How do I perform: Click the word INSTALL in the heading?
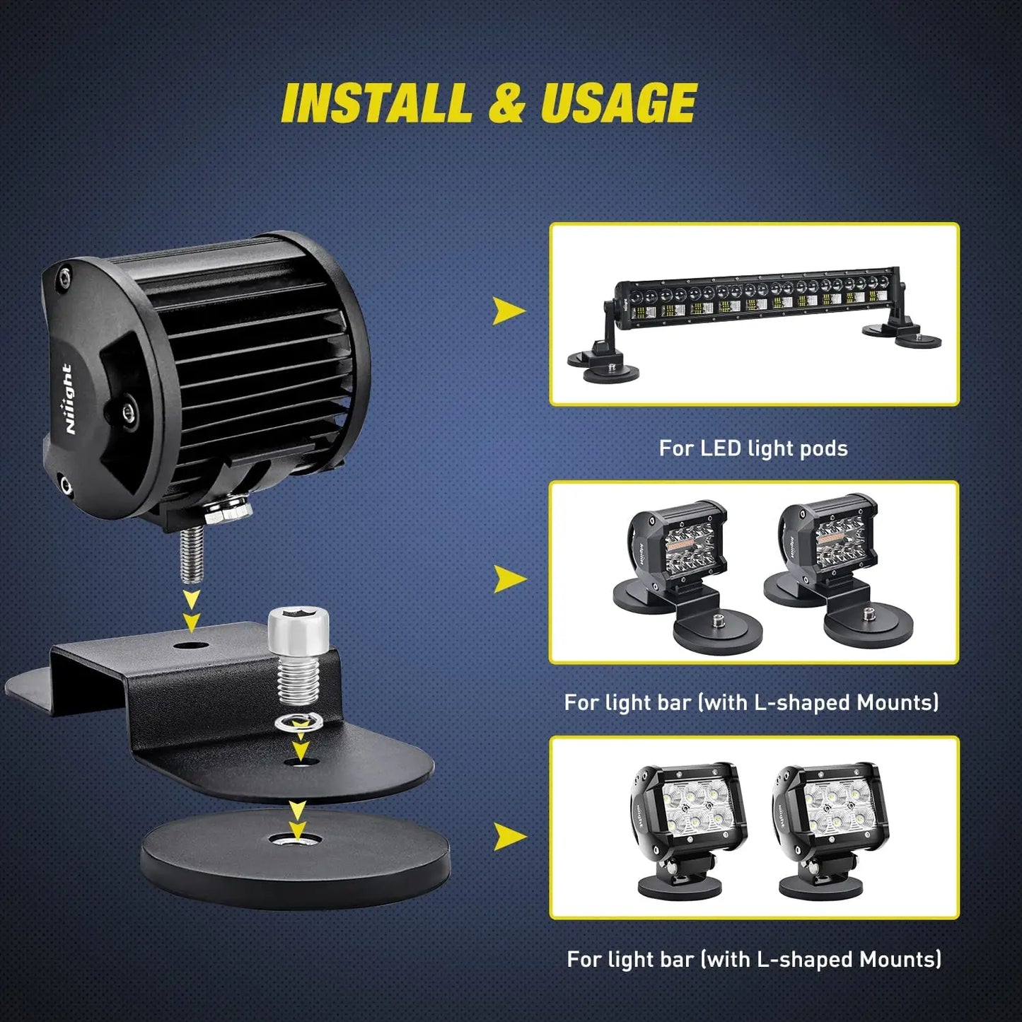tap(376, 103)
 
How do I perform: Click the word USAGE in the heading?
tap(619, 103)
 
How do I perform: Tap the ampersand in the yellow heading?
tap(506, 103)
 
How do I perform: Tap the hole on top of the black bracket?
tap(192, 645)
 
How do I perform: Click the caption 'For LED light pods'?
tap(753, 448)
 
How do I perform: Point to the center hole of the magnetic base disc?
tap(296, 840)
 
